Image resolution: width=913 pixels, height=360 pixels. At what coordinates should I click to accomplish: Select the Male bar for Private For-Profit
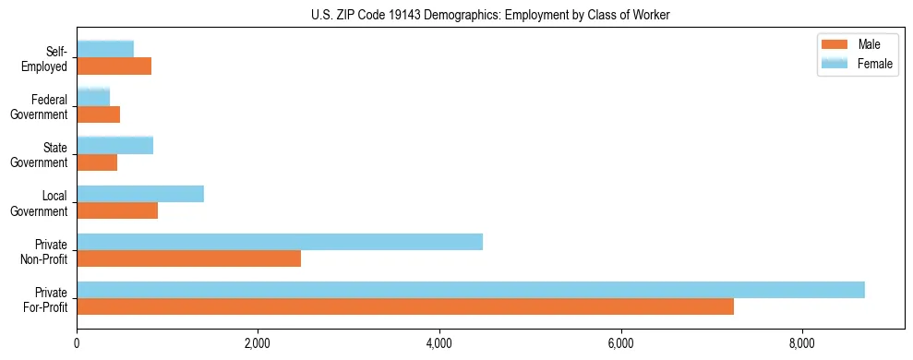[x=405, y=306]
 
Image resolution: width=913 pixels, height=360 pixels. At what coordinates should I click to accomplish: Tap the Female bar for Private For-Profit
[x=471, y=290]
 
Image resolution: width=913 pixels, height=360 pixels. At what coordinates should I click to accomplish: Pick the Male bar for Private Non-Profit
[x=188, y=258]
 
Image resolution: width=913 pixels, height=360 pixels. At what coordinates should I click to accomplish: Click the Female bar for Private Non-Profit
[x=280, y=242]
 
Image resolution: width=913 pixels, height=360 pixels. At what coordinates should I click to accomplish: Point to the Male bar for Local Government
[x=117, y=210]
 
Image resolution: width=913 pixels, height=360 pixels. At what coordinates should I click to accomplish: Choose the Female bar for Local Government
[x=140, y=194]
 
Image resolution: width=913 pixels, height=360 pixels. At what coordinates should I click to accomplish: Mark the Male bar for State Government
[x=97, y=162]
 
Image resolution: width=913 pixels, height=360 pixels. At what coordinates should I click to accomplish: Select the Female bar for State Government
[x=114, y=145]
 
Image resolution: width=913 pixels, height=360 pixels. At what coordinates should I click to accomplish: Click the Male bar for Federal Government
[x=98, y=114]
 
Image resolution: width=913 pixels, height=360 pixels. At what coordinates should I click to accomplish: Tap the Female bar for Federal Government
[x=93, y=97]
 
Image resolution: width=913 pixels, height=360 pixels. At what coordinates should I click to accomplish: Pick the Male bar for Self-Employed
[x=114, y=66]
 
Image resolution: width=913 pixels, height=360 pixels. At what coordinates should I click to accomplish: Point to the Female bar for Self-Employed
[x=105, y=49]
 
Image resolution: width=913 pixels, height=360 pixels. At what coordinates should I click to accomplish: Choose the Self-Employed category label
[x=46, y=58]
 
